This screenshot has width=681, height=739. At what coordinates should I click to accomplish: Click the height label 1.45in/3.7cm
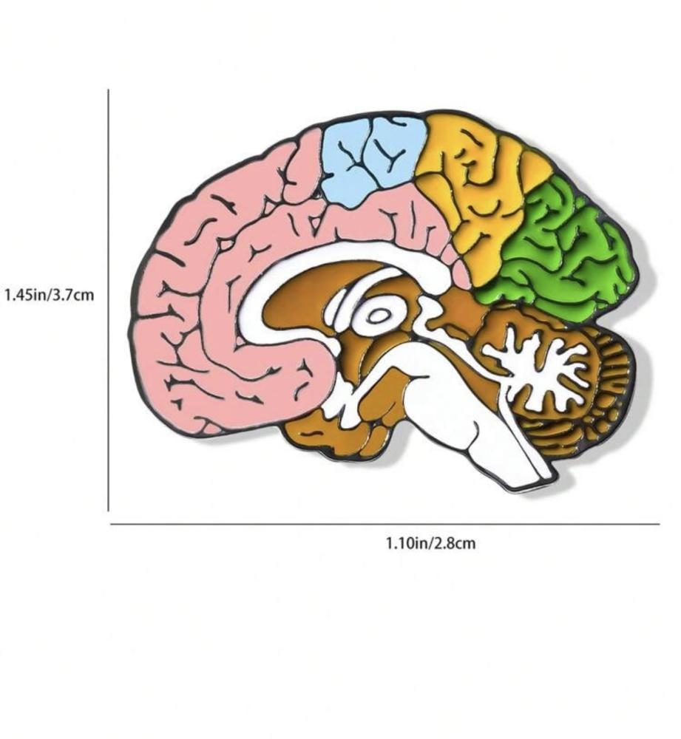[50, 295]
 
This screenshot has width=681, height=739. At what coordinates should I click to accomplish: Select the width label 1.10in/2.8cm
[431, 544]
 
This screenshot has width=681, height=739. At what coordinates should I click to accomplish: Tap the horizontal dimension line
[384, 525]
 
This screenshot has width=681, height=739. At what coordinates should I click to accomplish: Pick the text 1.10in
[407, 544]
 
